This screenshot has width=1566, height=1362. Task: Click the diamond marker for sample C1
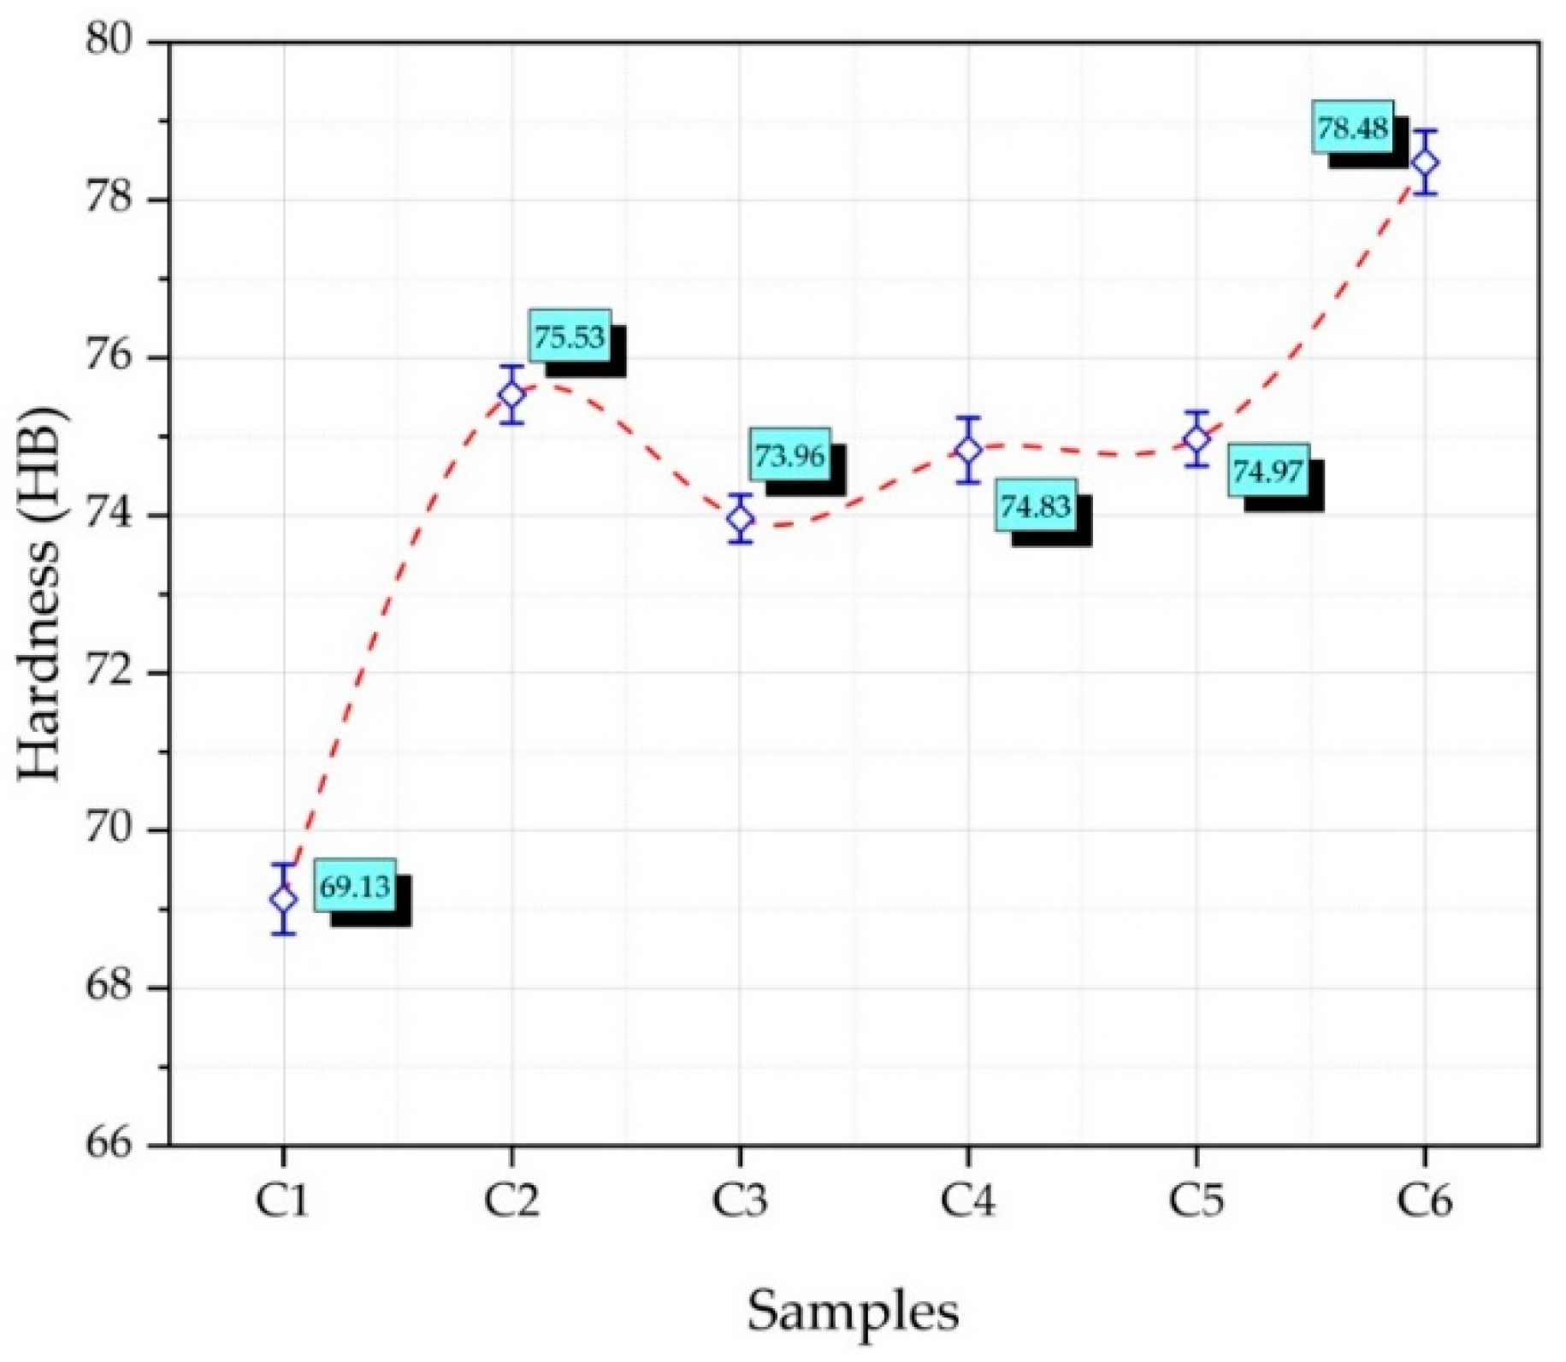point(283,899)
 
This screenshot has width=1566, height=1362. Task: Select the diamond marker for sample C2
point(511,394)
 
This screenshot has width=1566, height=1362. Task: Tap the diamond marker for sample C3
point(741,518)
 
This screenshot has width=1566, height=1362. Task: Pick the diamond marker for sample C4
point(968,450)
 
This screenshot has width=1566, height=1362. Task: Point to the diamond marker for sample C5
point(1197,439)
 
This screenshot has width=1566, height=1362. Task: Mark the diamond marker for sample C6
point(1425,162)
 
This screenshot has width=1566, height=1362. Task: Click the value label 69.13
point(355,887)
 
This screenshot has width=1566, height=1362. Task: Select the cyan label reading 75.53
point(570,337)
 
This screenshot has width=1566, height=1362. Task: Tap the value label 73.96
point(789,455)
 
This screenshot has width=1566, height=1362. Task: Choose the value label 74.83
point(1036,506)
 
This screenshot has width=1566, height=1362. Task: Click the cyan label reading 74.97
point(1268,470)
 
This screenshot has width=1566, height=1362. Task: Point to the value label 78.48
point(1352,128)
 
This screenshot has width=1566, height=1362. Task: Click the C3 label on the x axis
point(740,1201)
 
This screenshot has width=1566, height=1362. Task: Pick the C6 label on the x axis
point(1425,1201)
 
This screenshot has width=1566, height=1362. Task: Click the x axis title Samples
point(854,1311)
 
